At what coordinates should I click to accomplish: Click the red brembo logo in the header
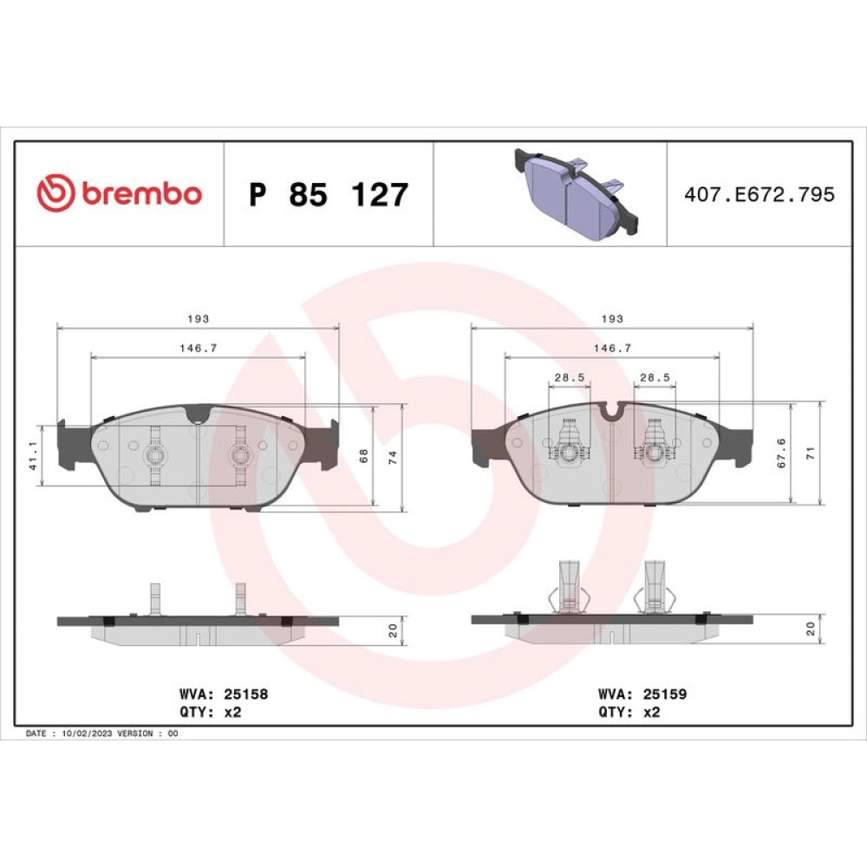coord(119,193)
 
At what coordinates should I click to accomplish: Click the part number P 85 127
coord(329,194)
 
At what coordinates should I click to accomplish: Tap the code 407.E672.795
coord(759,194)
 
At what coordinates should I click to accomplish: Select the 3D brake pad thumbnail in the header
coord(577,193)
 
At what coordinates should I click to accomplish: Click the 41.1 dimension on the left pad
coord(34,456)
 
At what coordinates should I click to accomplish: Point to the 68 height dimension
coord(363,456)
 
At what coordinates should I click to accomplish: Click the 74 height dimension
coord(393,457)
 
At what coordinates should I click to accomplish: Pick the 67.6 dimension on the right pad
coord(781,453)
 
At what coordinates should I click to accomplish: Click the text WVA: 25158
coord(224,694)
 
